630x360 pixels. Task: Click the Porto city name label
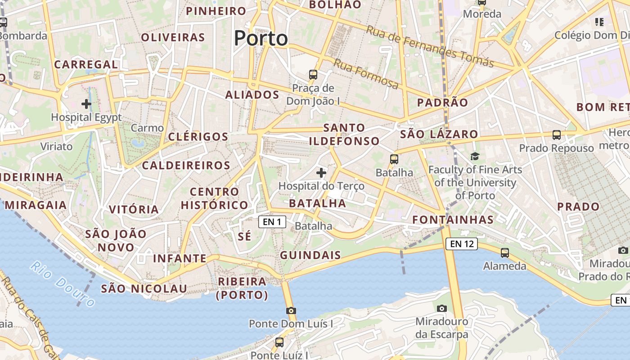tap(261, 38)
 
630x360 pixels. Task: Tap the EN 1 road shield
tap(272, 221)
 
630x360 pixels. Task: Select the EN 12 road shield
tap(462, 244)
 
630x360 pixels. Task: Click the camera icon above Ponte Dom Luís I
tap(291, 310)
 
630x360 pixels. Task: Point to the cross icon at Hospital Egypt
tap(86, 104)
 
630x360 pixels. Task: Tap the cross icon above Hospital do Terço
tap(321, 172)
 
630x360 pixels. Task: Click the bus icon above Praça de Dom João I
tap(313, 75)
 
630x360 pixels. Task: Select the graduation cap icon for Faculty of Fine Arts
tap(475, 157)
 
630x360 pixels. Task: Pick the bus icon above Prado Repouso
tap(557, 135)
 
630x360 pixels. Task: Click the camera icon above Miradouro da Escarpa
tap(442, 308)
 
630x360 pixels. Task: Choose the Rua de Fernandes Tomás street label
tap(430, 46)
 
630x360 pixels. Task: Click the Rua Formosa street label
tap(365, 74)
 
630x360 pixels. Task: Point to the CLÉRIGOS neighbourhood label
tap(198, 137)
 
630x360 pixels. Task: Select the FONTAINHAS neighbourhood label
tap(453, 220)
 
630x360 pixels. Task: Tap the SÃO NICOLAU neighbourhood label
tap(144, 288)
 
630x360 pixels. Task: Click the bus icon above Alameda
tap(505, 253)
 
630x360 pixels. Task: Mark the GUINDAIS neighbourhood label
tap(310, 255)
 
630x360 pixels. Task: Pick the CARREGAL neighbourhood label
tap(86, 64)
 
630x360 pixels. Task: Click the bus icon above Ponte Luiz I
tap(279, 342)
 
